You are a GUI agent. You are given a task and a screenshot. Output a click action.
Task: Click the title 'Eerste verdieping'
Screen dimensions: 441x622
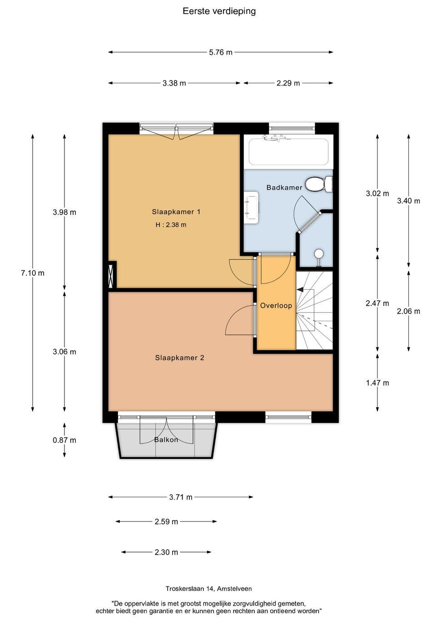[x=219, y=11]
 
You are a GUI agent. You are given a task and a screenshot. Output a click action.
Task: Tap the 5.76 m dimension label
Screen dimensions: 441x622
[x=221, y=52]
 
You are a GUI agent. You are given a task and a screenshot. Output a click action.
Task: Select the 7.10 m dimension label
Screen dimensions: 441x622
[x=33, y=273]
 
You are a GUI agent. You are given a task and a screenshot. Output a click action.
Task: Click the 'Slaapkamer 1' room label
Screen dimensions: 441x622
[x=176, y=212]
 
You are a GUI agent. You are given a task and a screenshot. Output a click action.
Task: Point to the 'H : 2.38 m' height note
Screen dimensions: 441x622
[x=171, y=224]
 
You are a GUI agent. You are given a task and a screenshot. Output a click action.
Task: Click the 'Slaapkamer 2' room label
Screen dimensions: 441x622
[x=179, y=358]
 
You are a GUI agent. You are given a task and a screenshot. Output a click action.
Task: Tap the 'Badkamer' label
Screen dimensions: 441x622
[x=284, y=188]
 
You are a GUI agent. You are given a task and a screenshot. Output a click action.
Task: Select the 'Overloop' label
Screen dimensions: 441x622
[x=276, y=306]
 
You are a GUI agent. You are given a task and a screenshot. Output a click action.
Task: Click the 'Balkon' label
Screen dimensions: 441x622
[x=166, y=439]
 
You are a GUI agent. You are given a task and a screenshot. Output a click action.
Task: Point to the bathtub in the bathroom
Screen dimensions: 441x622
[x=289, y=152]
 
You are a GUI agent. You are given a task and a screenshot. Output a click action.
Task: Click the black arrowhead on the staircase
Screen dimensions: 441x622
[x=300, y=289]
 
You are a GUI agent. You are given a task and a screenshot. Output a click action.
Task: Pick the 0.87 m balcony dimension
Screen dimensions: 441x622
[x=64, y=440]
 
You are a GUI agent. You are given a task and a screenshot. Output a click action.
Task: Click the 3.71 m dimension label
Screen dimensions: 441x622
[x=181, y=497]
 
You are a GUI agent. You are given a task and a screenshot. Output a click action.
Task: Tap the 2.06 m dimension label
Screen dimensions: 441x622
[x=408, y=311]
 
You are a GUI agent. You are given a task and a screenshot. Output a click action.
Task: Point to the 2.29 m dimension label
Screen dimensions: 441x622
[x=288, y=83]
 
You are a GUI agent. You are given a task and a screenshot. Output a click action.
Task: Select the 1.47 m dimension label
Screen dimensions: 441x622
[x=377, y=383]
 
